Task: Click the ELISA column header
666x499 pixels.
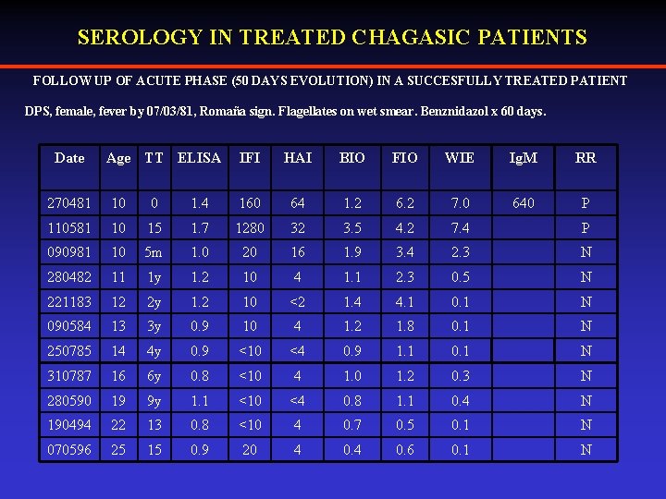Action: (199, 158)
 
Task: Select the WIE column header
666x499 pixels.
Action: (460, 158)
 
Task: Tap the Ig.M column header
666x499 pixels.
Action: (524, 158)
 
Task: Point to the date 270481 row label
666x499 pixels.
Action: (69, 203)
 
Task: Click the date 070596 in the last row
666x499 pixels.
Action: (69, 450)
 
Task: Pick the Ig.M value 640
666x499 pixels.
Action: (524, 203)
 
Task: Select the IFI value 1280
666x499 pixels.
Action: (250, 228)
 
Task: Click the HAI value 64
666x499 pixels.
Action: (298, 203)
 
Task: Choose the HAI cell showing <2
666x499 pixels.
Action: (298, 302)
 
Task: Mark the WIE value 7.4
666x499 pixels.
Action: (460, 228)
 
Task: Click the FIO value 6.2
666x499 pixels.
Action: (404, 203)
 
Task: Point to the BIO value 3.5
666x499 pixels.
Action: (352, 228)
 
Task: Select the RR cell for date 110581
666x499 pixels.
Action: (586, 228)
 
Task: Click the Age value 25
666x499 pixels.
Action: (118, 450)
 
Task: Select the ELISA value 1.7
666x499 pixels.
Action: (199, 228)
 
